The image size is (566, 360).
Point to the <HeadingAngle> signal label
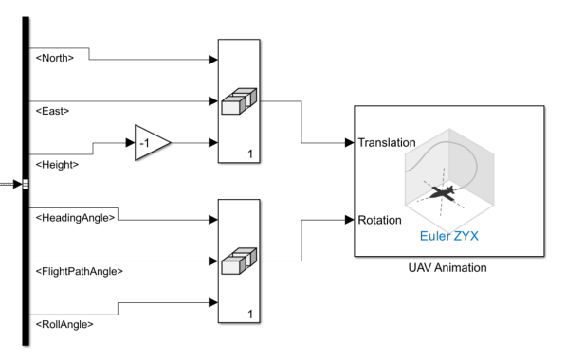[74, 218]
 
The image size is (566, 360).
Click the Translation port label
[388, 143]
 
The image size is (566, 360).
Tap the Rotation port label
[380, 219]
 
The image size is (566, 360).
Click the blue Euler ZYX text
[448, 235]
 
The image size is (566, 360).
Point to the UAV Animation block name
[448, 267]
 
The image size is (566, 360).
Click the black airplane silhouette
[442, 192]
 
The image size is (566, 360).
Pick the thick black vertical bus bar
[21, 180]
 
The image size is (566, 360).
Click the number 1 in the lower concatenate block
[249, 314]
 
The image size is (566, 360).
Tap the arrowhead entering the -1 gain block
[129, 143]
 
